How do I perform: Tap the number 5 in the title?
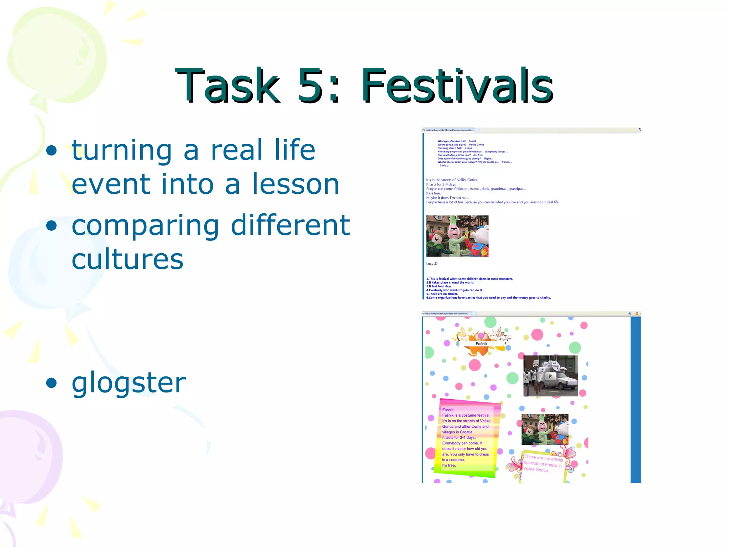tap(310, 86)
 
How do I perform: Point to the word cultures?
tap(127, 259)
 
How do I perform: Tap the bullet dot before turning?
tap(52, 150)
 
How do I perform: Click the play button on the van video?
tap(550, 376)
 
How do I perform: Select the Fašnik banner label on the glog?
tap(481, 344)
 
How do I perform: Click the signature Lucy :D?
tap(432, 264)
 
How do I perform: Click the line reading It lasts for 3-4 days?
tap(441, 184)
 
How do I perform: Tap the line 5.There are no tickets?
tap(442, 294)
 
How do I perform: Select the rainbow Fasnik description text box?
tap(466, 438)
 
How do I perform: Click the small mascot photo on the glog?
tap(545, 429)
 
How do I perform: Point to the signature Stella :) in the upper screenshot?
tap(444, 166)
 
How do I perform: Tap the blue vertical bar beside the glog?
tap(635, 399)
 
